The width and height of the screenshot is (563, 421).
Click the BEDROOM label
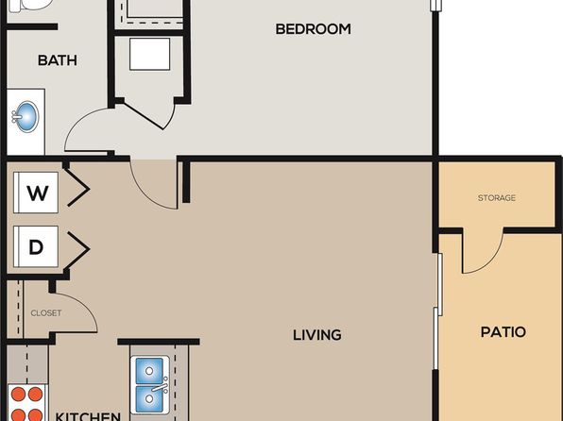click(313, 29)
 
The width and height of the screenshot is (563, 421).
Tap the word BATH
click(58, 60)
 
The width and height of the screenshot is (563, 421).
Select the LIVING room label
click(317, 335)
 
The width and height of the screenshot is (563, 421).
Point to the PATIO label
click(503, 332)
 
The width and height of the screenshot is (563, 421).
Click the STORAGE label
click(497, 198)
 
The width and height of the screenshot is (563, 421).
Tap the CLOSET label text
click(46, 313)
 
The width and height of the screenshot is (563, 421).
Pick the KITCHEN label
click(88, 416)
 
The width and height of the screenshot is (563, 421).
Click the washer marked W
click(36, 193)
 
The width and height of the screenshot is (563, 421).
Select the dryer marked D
click(36, 246)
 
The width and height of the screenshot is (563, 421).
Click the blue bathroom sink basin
click(26, 117)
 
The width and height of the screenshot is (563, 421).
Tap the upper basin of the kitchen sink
click(150, 370)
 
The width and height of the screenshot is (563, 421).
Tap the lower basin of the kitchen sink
click(149, 398)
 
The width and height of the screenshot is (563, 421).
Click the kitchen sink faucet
click(160, 387)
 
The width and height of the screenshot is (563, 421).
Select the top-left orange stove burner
click(18, 394)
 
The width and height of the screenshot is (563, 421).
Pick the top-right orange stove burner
click(35, 394)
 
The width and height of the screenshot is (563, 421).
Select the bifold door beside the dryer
click(77, 249)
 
